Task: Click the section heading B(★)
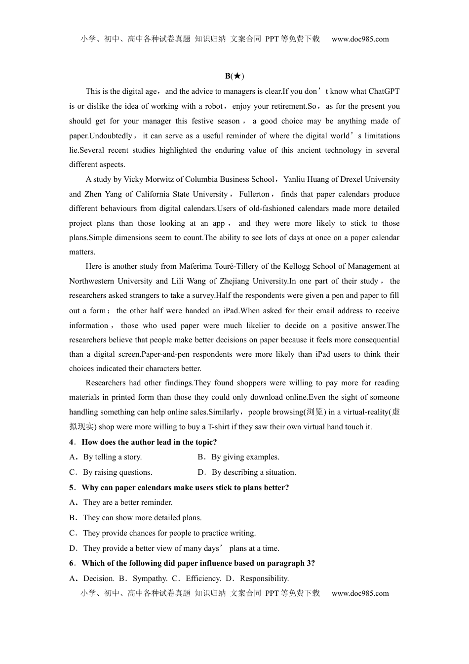tap(234, 76)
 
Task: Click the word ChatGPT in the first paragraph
tap(384, 91)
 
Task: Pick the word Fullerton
tap(254, 194)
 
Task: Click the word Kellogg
tap(294, 266)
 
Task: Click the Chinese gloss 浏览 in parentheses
tap(314, 412)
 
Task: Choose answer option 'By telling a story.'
tap(113, 457)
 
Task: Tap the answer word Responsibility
tap(264, 579)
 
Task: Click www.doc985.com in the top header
tap(360, 39)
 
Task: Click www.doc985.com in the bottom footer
tap(360, 593)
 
